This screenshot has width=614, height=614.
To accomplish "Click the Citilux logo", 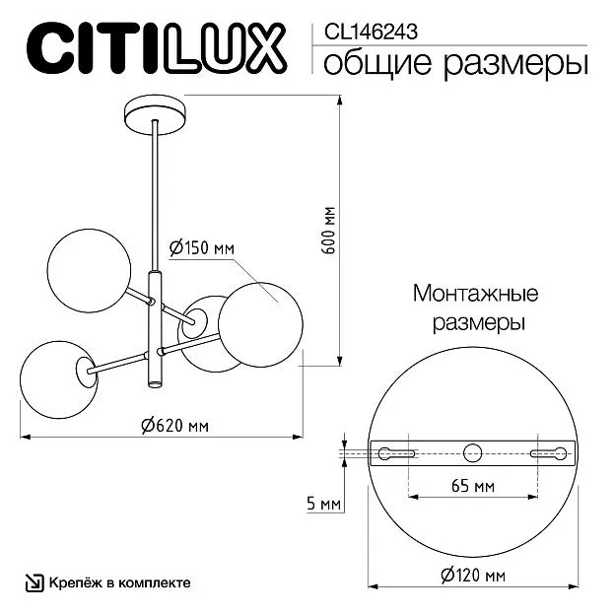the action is pos(157,48).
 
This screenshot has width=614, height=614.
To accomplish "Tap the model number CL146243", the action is pos(371,32).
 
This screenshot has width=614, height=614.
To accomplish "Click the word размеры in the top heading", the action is pos(515,63).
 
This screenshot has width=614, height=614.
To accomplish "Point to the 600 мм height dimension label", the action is pos(330,231).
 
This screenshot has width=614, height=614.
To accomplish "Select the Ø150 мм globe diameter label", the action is pos(202,248).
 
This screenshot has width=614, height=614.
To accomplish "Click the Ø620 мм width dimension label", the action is pos(175,425).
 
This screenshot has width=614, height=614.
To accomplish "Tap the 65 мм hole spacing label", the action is pos(473,486).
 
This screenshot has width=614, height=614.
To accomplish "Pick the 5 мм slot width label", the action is pos(323,504).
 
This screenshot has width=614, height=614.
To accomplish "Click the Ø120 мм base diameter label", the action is pos(473,576).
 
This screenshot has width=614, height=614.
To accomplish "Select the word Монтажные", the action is pos(476,294).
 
